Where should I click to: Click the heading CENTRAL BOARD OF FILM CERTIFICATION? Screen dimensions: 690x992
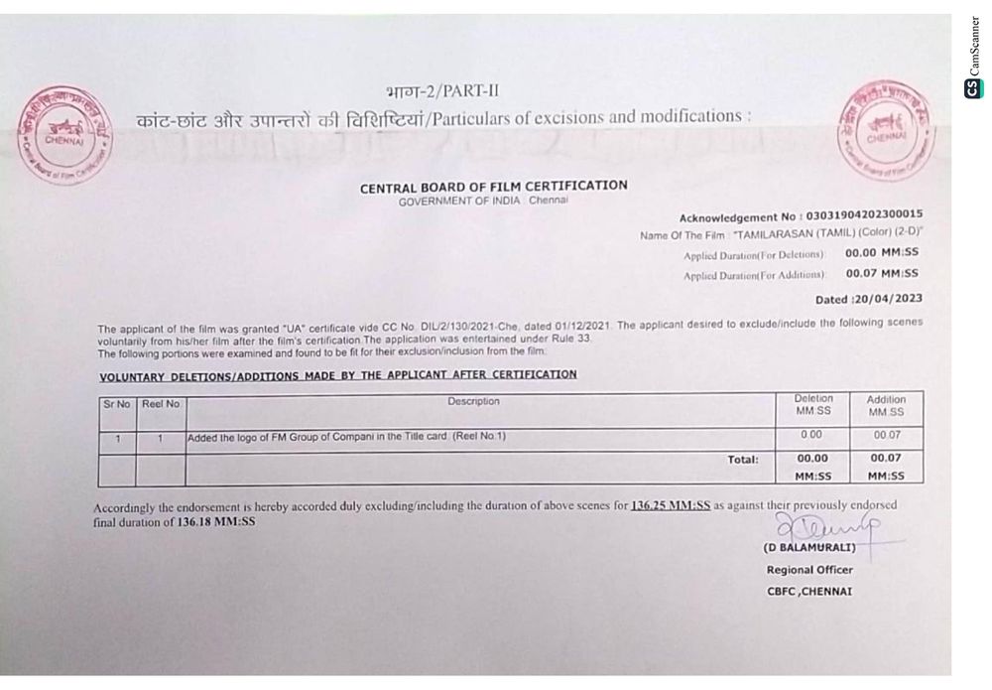[x=493, y=186]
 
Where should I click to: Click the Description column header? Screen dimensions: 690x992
[x=473, y=402]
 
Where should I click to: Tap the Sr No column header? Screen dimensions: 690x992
[x=117, y=403]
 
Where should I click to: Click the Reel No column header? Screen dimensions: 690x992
[x=160, y=403]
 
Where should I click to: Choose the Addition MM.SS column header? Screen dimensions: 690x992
[x=886, y=405]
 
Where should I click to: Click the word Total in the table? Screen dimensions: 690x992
[x=742, y=460]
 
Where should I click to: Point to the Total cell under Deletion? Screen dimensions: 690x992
[x=812, y=466]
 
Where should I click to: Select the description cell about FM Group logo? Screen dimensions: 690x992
[x=347, y=437]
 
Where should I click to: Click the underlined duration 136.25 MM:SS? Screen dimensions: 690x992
[x=670, y=505]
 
